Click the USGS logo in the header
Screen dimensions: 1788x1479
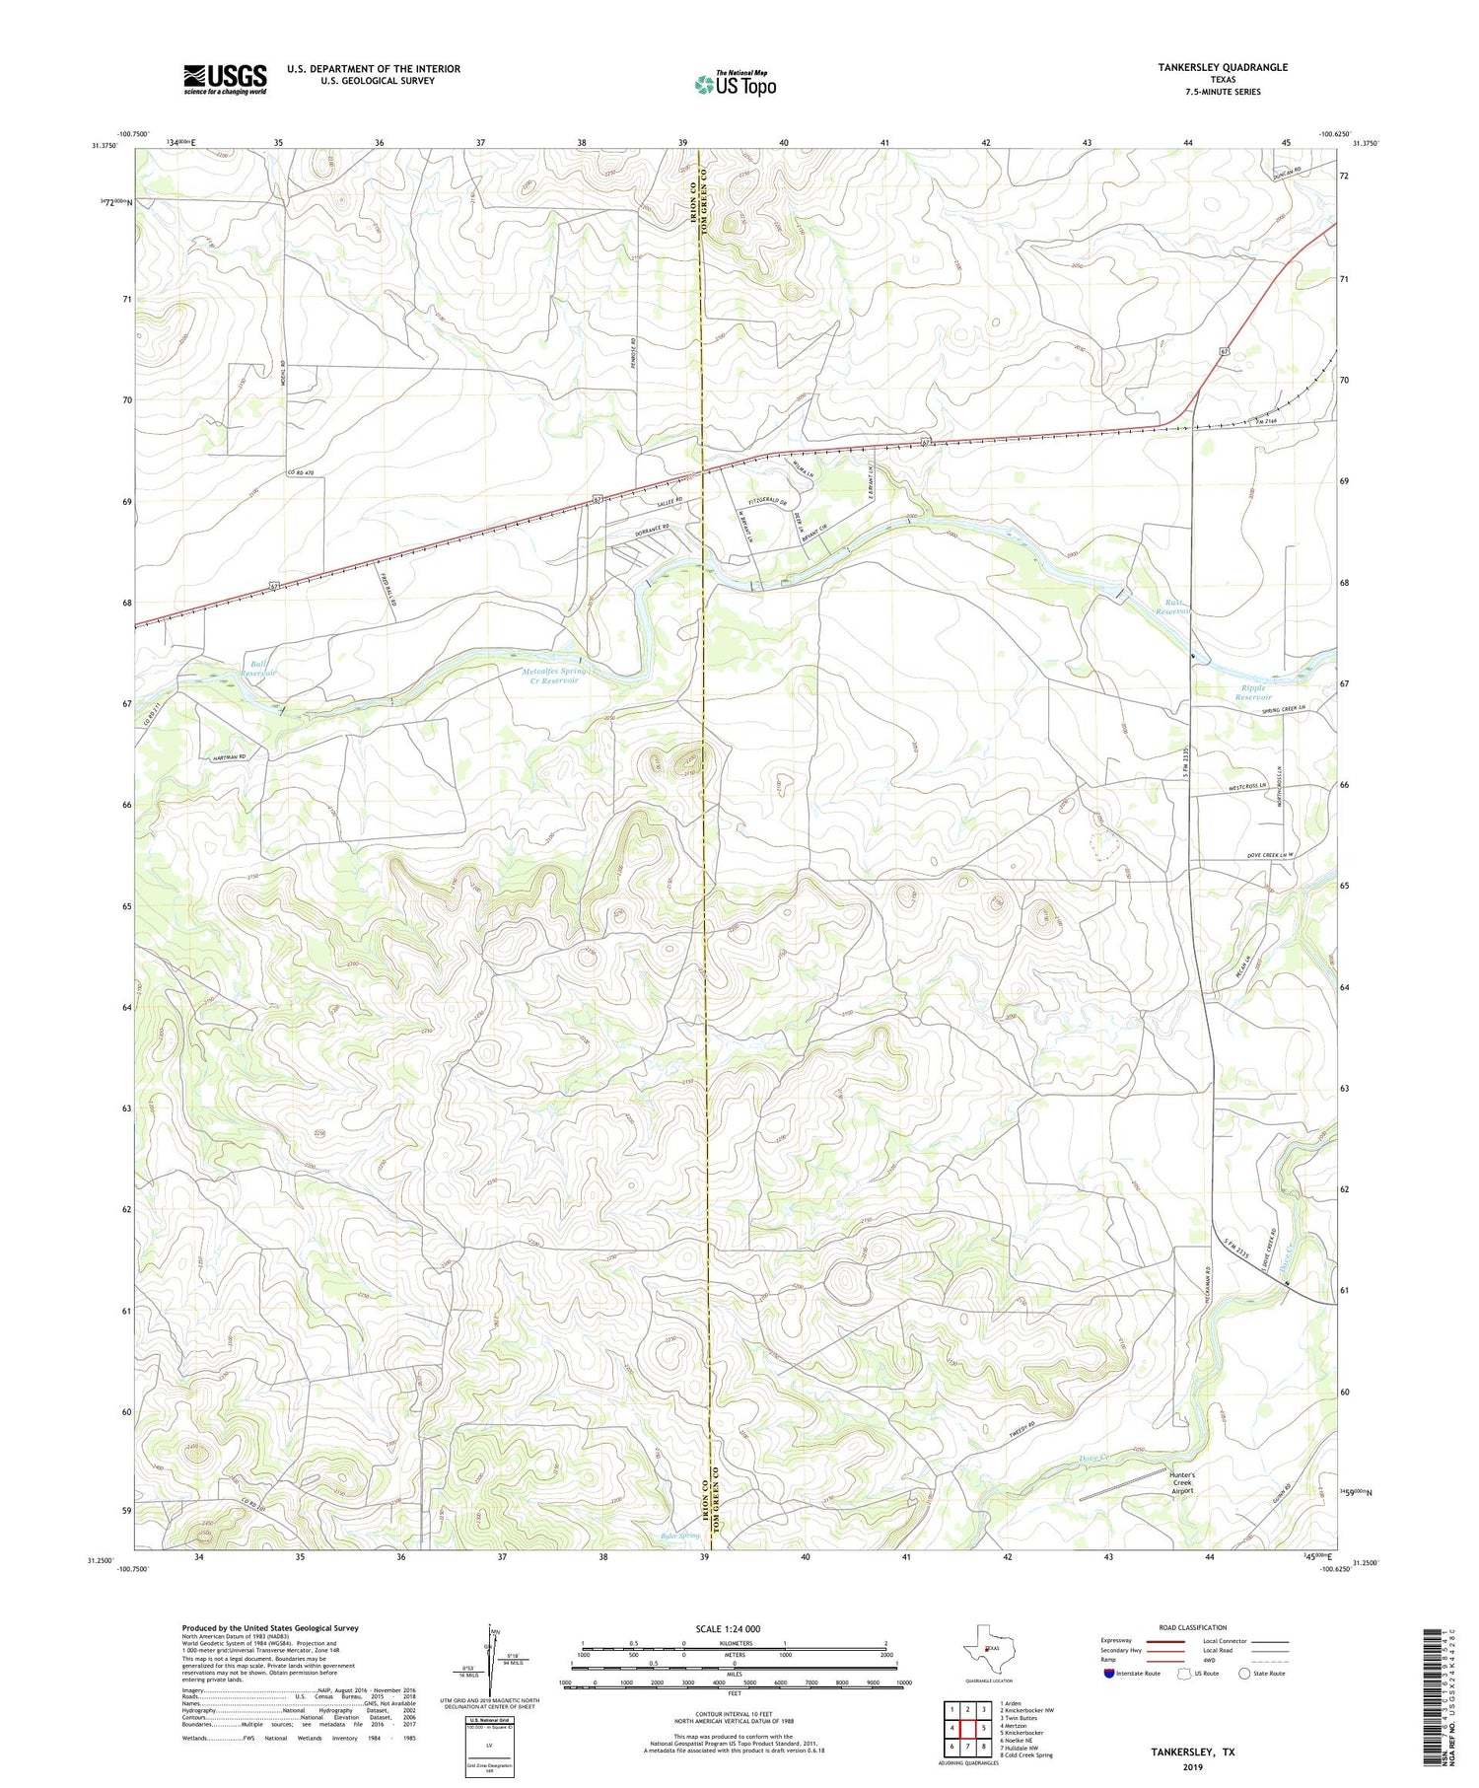[x=225, y=79]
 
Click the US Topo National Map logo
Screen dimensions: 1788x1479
[x=735, y=84]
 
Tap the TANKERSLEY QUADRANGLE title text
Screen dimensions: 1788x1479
[x=1223, y=67]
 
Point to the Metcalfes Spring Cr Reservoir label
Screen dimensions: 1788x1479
[x=553, y=676]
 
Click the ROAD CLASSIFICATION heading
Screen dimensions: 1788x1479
[x=1193, y=1627]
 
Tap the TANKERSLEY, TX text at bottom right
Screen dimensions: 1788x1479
[x=1192, y=1752]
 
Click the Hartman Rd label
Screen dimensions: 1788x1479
[x=228, y=757]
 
